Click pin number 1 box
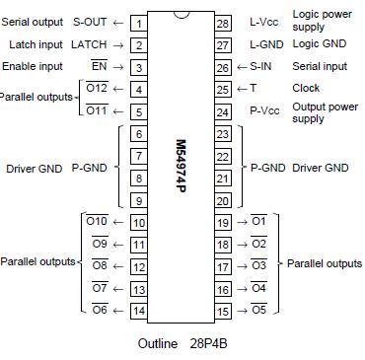pyautogui.click(x=139, y=23)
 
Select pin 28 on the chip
pyautogui.click(x=223, y=23)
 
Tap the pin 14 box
pyautogui.click(x=139, y=311)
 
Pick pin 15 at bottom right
pyautogui.click(x=223, y=311)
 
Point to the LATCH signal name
pyautogui.click(x=89, y=45)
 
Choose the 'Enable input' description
pyautogui.click(x=34, y=67)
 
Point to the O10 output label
pyautogui.click(x=97, y=222)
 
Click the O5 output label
pyautogui.click(x=258, y=311)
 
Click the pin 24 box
pyautogui.click(x=223, y=111)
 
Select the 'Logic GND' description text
pyautogui.click(x=320, y=45)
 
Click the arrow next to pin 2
pyautogui.click(x=118, y=45)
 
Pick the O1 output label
pyautogui.click(x=258, y=222)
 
